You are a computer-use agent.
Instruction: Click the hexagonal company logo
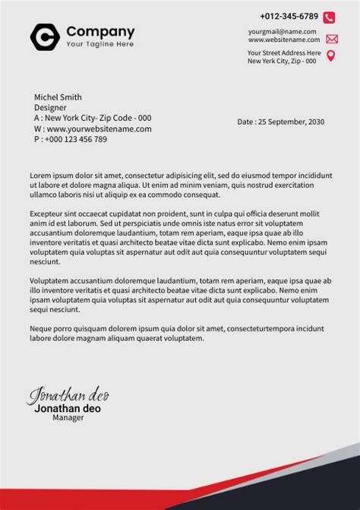coord(43,36)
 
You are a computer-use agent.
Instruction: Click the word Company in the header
coord(100,32)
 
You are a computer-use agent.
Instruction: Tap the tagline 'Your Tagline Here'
coord(99,44)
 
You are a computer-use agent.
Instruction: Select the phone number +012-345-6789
coord(289,16)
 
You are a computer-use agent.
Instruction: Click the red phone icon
coord(329,17)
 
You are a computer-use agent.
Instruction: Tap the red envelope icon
coord(331,39)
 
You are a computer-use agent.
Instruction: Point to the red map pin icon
coord(330,56)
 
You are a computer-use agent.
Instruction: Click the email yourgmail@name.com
coord(282,31)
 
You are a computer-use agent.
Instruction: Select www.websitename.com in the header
coord(283,40)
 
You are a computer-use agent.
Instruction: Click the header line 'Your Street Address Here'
coord(282,52)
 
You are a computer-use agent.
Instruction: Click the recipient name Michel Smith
coord(58,97)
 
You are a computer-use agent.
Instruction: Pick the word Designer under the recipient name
coord(51,108)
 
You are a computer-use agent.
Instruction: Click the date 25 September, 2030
coord(292,122)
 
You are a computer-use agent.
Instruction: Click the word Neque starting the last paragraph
coord(42,328)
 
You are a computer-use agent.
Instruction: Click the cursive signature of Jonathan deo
coord(69,396)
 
